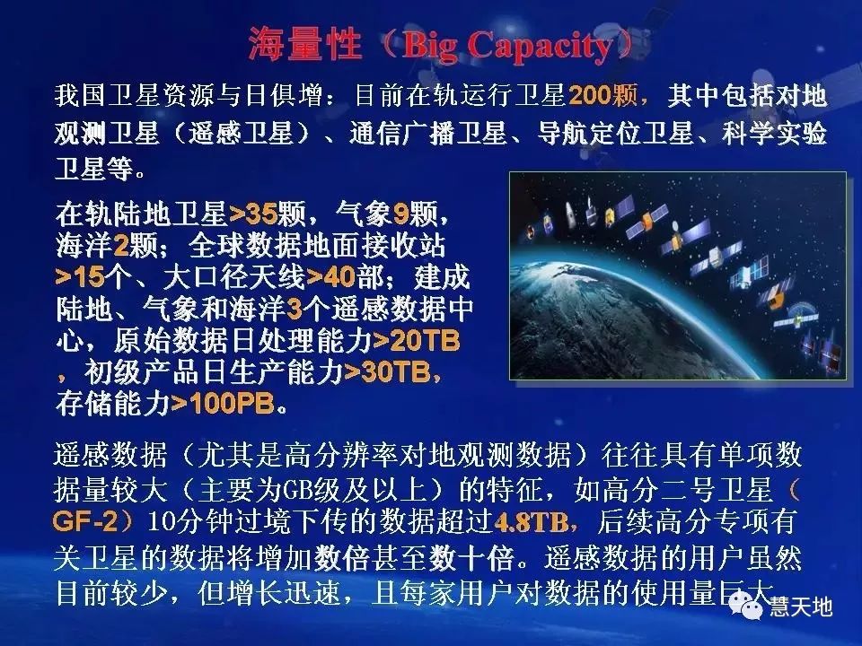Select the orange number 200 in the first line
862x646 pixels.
pos(602,94)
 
